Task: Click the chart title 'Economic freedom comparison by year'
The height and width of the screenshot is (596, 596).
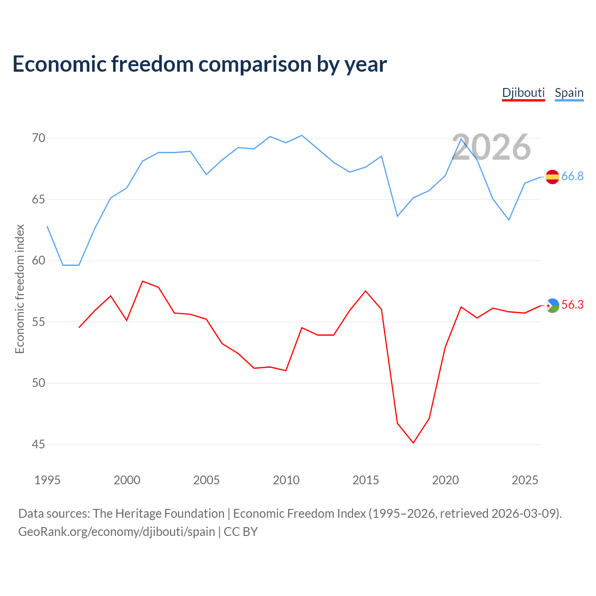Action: click(199, 64)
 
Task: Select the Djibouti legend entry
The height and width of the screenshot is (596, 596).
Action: click(523, 93)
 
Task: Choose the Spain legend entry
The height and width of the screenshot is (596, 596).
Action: click(569, 93)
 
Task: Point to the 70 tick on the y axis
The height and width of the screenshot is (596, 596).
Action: click(39, 138)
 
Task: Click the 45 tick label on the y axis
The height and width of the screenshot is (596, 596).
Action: click(39, 445)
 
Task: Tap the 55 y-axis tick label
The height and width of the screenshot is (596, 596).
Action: click(39, 322)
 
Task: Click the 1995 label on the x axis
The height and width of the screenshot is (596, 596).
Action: click(47, 481)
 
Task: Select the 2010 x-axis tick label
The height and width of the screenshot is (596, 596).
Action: click(286, 481)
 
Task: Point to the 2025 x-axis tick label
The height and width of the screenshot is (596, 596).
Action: click(525, 481)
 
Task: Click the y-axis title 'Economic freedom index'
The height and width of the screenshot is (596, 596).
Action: click(20, 289)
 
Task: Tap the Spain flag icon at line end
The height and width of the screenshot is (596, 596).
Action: click(552, 177)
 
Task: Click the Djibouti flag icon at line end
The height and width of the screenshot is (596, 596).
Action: click(552, 305)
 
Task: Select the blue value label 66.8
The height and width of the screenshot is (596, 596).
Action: click(573, 176)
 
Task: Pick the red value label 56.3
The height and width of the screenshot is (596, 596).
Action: click(573, 305)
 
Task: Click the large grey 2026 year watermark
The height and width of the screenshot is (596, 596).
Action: click(491, 147)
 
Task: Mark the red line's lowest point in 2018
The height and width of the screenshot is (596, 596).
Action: click(413, 443)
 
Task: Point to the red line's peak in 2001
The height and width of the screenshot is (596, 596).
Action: click(142, 281)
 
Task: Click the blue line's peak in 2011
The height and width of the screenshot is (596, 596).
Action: click(302, 135)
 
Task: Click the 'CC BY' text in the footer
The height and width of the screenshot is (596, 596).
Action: click(241, 532)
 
